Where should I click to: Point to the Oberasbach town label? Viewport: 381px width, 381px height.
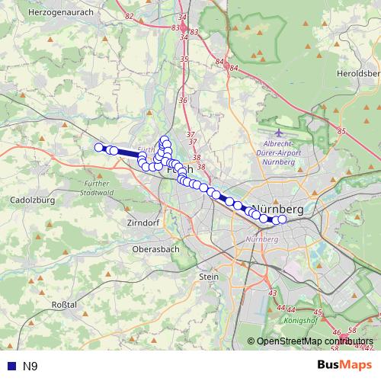pyautogui.click(x=155, y=248)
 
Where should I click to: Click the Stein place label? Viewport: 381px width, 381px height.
pyautogui.click(x=208, y=277)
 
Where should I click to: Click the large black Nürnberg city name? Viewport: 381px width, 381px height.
pyautogui.click(x=278, y=208)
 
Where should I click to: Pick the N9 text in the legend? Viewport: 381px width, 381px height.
pyautogui.click(x=30, y=366)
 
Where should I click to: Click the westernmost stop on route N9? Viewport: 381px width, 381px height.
pyautogui.click(x=98, y=147)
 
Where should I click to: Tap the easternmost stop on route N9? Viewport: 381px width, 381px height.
pyautogui.click(x=282, y=219)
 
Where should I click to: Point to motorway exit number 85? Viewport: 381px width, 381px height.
pyautogui.click(x=341, y=132)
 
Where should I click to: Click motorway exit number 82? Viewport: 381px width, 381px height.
pyautogui.click(x=128, y=16)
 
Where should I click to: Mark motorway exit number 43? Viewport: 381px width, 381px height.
pyautogui.click(x=273, y=293)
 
